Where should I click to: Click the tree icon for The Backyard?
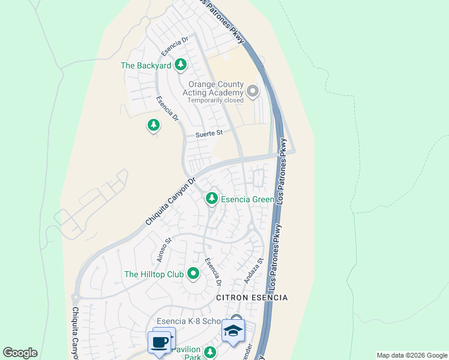[180, 65]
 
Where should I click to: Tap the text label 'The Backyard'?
[146, 65]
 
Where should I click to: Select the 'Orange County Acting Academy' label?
[216, 88]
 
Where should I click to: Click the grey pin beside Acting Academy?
[253, 92]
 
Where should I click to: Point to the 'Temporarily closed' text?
[215, 100]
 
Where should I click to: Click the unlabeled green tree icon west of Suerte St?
[154, 125]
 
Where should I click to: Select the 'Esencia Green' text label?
[247, 199]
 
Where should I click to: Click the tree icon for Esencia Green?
[211, 197]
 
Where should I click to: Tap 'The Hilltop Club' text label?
[153, 275]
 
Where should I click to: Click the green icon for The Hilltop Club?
[193, 274]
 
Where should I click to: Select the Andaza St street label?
[254, 271]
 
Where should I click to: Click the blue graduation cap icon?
[233, 329]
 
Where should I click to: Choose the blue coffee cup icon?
[160, 342]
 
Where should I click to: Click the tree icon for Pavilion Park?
[209, 352]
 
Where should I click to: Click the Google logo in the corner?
[20, 353]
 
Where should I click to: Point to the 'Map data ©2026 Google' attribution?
[411, 355]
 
